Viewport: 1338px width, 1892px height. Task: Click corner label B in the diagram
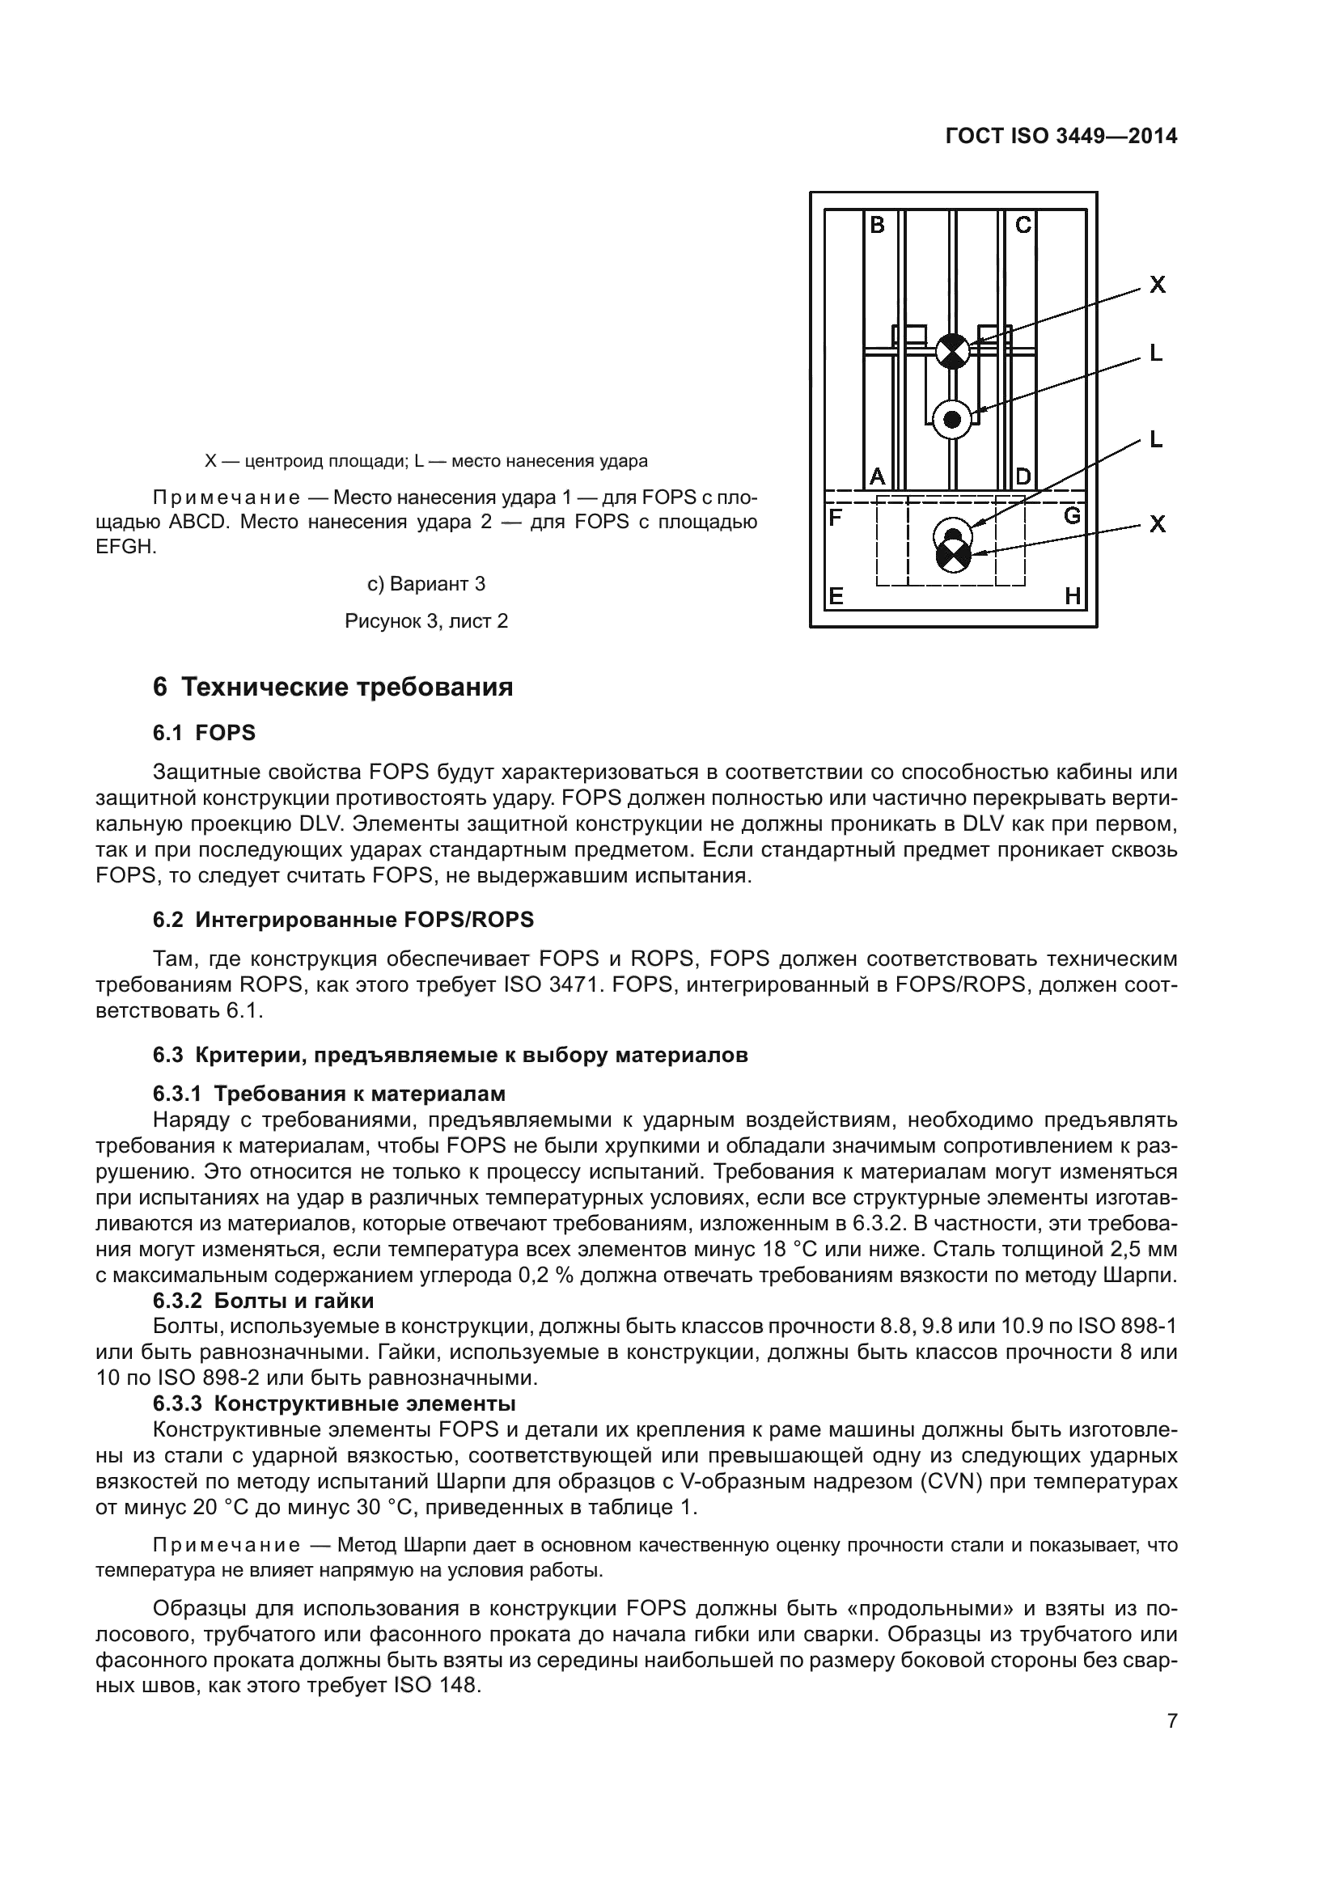[x=878, y=224]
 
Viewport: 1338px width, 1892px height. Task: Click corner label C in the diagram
[x=1023, y=224]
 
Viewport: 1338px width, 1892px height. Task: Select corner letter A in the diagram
[x=878, y=476]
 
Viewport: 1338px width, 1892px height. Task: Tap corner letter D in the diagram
[x=1023, y=476]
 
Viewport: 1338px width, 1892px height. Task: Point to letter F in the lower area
[x=835, y=518]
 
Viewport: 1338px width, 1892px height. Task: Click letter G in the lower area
[x=1072, y=516]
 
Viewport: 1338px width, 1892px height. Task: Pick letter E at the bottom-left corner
[x=836, y=596]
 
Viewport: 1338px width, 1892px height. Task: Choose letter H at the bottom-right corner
[x=1073, y=596]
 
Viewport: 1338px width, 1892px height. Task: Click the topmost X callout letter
[x=1158, y=285]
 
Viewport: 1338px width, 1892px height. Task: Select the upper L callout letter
[x=1156, y=353]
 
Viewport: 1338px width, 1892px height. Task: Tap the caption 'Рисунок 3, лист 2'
[x=426, y=621]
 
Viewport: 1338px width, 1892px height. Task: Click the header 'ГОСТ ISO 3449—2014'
[x=1061, y=137]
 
